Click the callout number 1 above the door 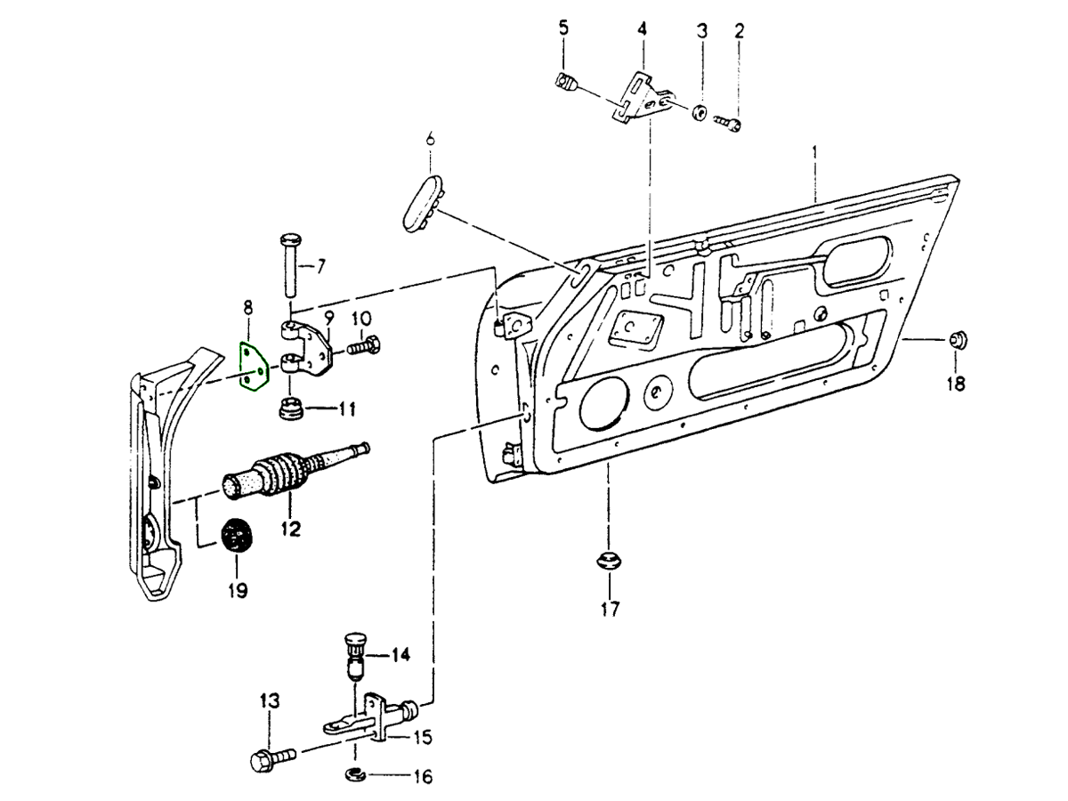click(813, 154)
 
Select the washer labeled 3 click(700, 113)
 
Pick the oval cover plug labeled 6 click(421, 202)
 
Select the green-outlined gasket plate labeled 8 click(254, 367)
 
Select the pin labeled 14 click(354, 657)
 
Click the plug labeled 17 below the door click(609, 562)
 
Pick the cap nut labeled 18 click(957, 339)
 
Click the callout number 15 click(422, 737)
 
